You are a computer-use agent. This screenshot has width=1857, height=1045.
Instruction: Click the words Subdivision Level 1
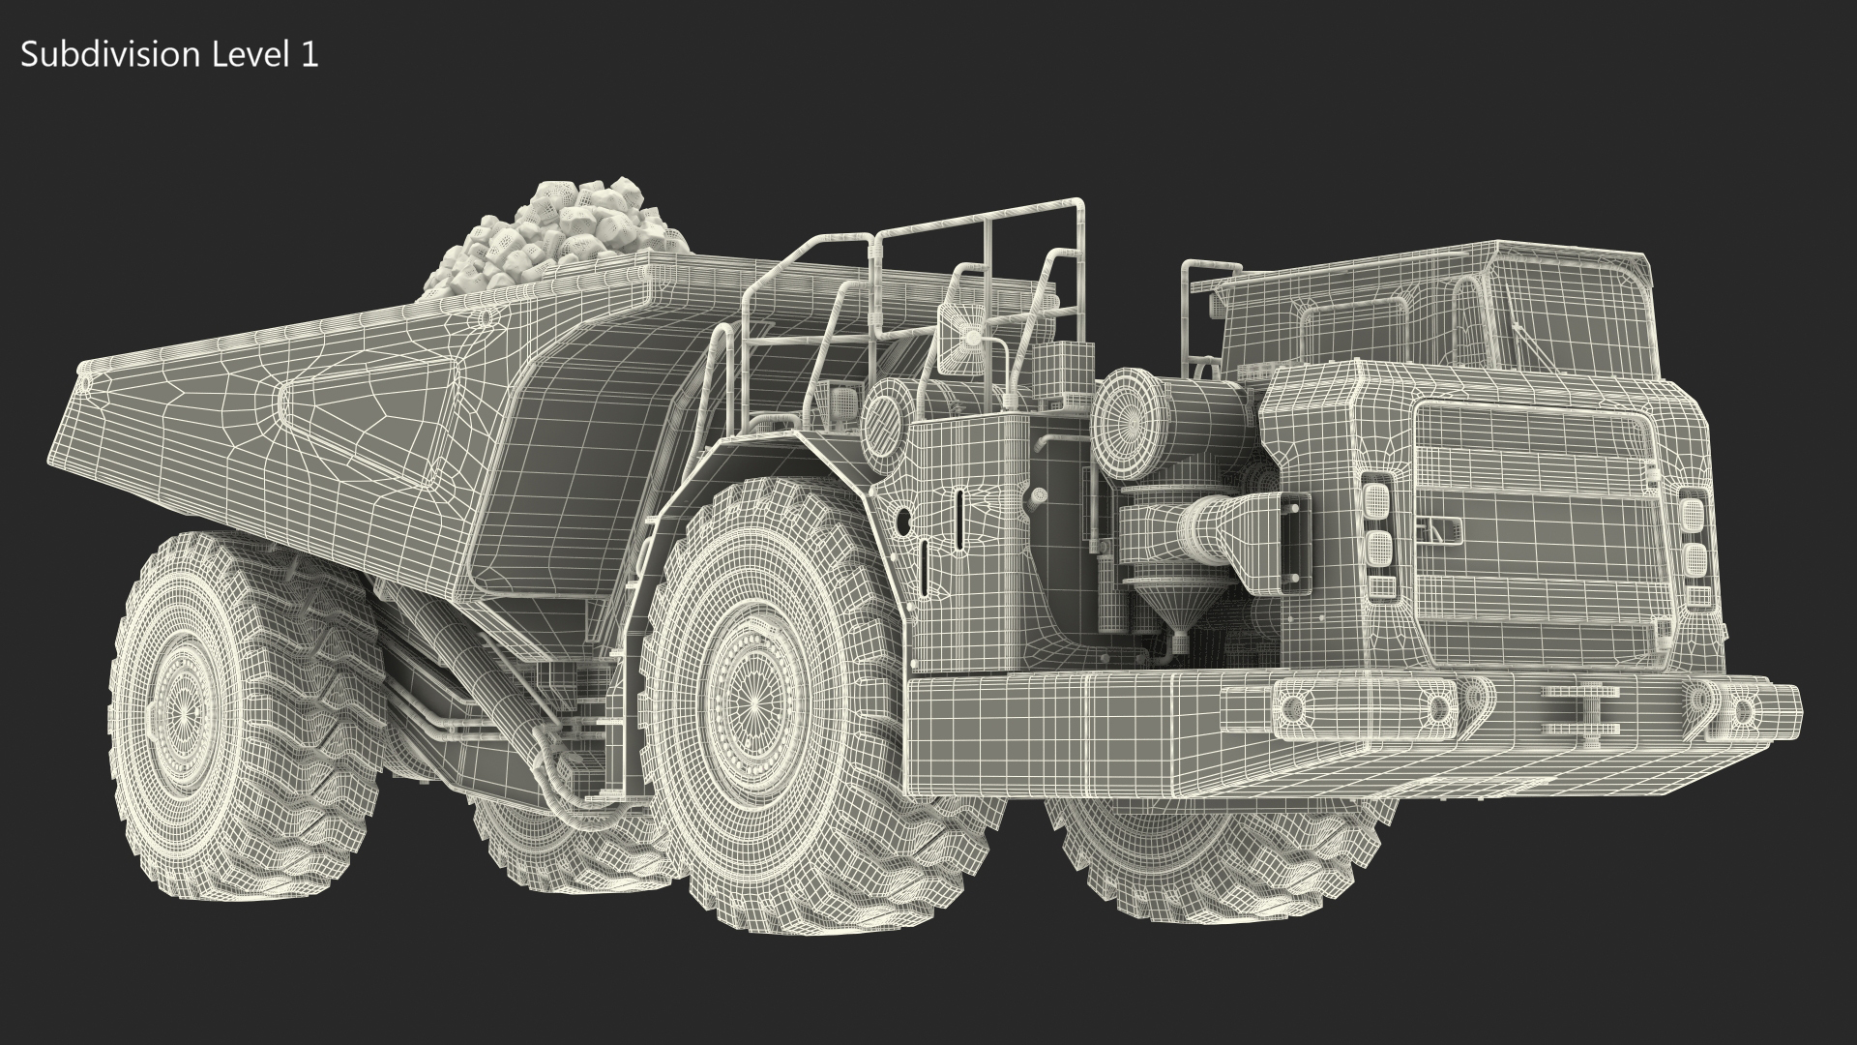169,55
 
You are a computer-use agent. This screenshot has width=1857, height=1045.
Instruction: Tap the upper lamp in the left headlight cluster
1375,501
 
